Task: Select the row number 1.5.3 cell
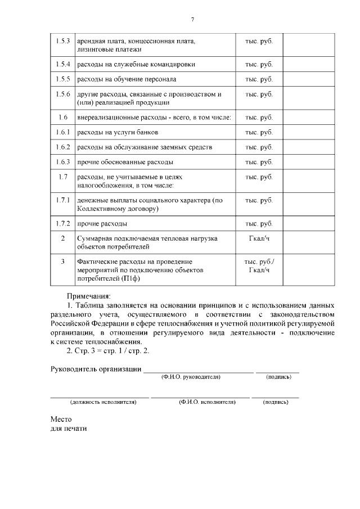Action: (x=62, y=41)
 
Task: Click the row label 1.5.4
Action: (x=62, y=64)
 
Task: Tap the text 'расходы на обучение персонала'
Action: (x=126, y=79)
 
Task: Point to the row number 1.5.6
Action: (x=62, y=94)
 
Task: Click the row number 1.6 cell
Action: (x=62, y=118)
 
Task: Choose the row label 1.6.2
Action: (x=62, y=147)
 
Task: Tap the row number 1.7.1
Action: (x=62, y=200)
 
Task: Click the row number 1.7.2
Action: (x=62, y=224)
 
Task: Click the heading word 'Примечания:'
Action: (x=89, y=295)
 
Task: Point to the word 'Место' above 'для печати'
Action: (x=61, y=419)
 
